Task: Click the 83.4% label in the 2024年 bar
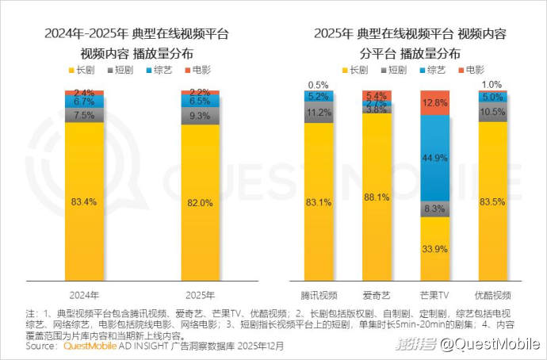coord(84,202)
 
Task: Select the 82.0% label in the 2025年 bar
coord(201,203)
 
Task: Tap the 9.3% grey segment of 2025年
coord(201,116)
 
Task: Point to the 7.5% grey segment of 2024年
coord(84,114)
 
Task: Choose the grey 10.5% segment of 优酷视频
coord(492,112)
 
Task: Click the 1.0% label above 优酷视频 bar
coord(492,84)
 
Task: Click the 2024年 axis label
coord(84,292)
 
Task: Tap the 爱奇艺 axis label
coord(377,292)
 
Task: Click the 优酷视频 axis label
coord(492,292)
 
